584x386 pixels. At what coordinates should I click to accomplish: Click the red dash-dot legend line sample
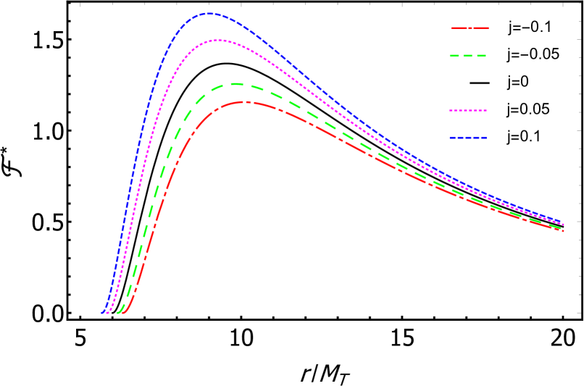click(x=470, y=28)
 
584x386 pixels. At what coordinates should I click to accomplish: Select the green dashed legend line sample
click(x=467, y=56)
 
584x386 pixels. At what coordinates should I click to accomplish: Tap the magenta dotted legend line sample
click(x=467, y=111)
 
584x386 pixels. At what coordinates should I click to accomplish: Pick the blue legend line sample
click(x=467, y=138)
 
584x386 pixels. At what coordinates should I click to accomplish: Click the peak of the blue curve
click(x=209, y=13)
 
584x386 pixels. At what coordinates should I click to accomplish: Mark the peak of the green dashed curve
click(x=235, y=83)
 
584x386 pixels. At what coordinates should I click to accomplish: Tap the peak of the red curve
click(x=246, y=101)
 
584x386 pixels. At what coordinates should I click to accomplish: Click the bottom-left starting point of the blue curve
click(x=102, y=313)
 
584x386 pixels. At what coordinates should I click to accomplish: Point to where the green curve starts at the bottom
click(x=117, y=313)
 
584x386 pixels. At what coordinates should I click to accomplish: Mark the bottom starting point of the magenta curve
click(x=107, y=313)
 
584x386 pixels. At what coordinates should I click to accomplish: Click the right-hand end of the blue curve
click(x=564, y=223)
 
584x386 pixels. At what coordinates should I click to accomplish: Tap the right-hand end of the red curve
click(x=564, y=231)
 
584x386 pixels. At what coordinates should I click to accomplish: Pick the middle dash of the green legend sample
click(x=467, y=56)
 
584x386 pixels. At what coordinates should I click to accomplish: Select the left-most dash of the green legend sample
click(x=454, y=56)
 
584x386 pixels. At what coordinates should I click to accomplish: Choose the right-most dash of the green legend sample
click(x=481, y=56)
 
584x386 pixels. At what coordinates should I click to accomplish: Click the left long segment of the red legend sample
click(x=459, y=28)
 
